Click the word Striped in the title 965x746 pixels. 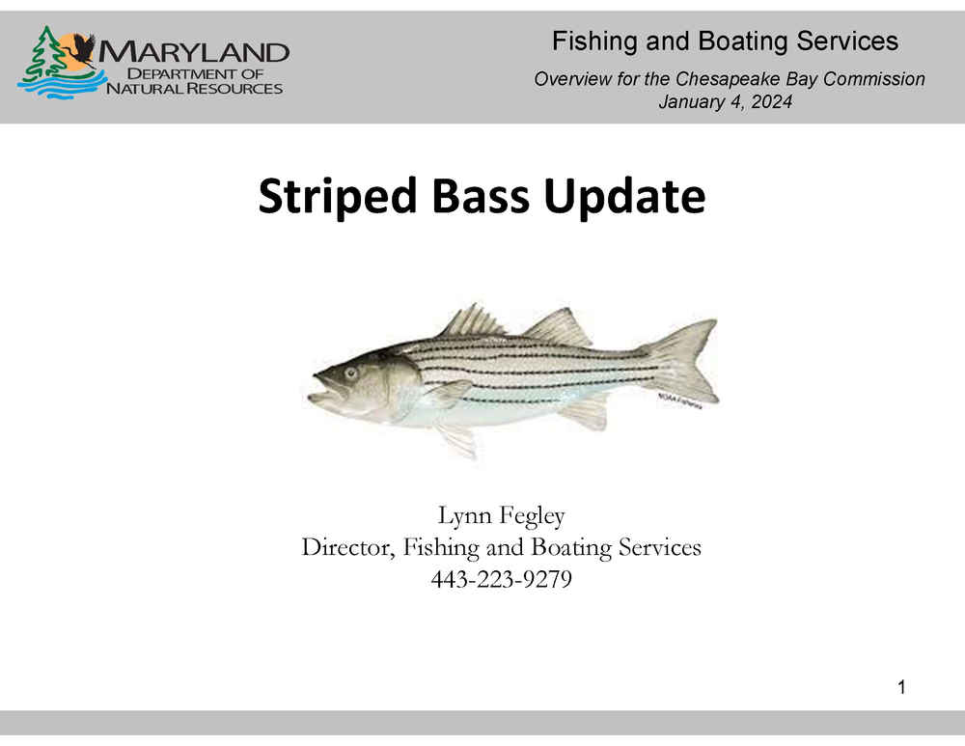coord(337,197)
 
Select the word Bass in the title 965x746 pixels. coord(480,196)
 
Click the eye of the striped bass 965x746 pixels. coord(351,373)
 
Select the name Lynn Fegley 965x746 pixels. coord(501,515)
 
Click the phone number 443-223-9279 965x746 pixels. coord(501,579)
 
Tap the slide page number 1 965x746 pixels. coord(901,687)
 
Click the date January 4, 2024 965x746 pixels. coord(725,101)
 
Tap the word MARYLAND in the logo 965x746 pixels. coord(194,52)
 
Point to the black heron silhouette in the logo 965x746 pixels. coord(80,49)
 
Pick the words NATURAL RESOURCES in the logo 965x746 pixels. coord(195,89)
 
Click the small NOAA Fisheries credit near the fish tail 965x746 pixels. coord(679,401)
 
